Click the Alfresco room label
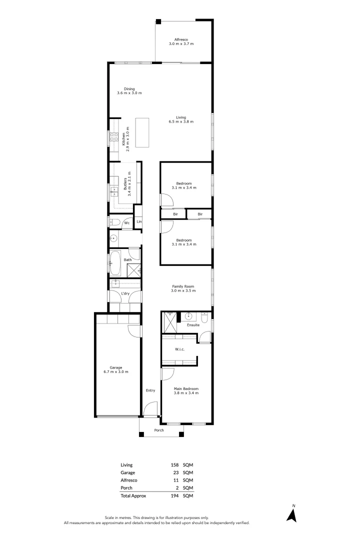(x=183, y=39)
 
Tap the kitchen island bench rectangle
(x=142, y=132)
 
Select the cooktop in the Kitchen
(x=113, y=137)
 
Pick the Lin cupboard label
(x=139, y=222)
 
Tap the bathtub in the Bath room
(x=115, y=263)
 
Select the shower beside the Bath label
(x=134, y=270)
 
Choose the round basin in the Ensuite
(x=189, y=316)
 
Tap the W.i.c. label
(x=179, y=349)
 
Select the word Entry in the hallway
(x=150, y=390)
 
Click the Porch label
(x=159, y=430)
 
